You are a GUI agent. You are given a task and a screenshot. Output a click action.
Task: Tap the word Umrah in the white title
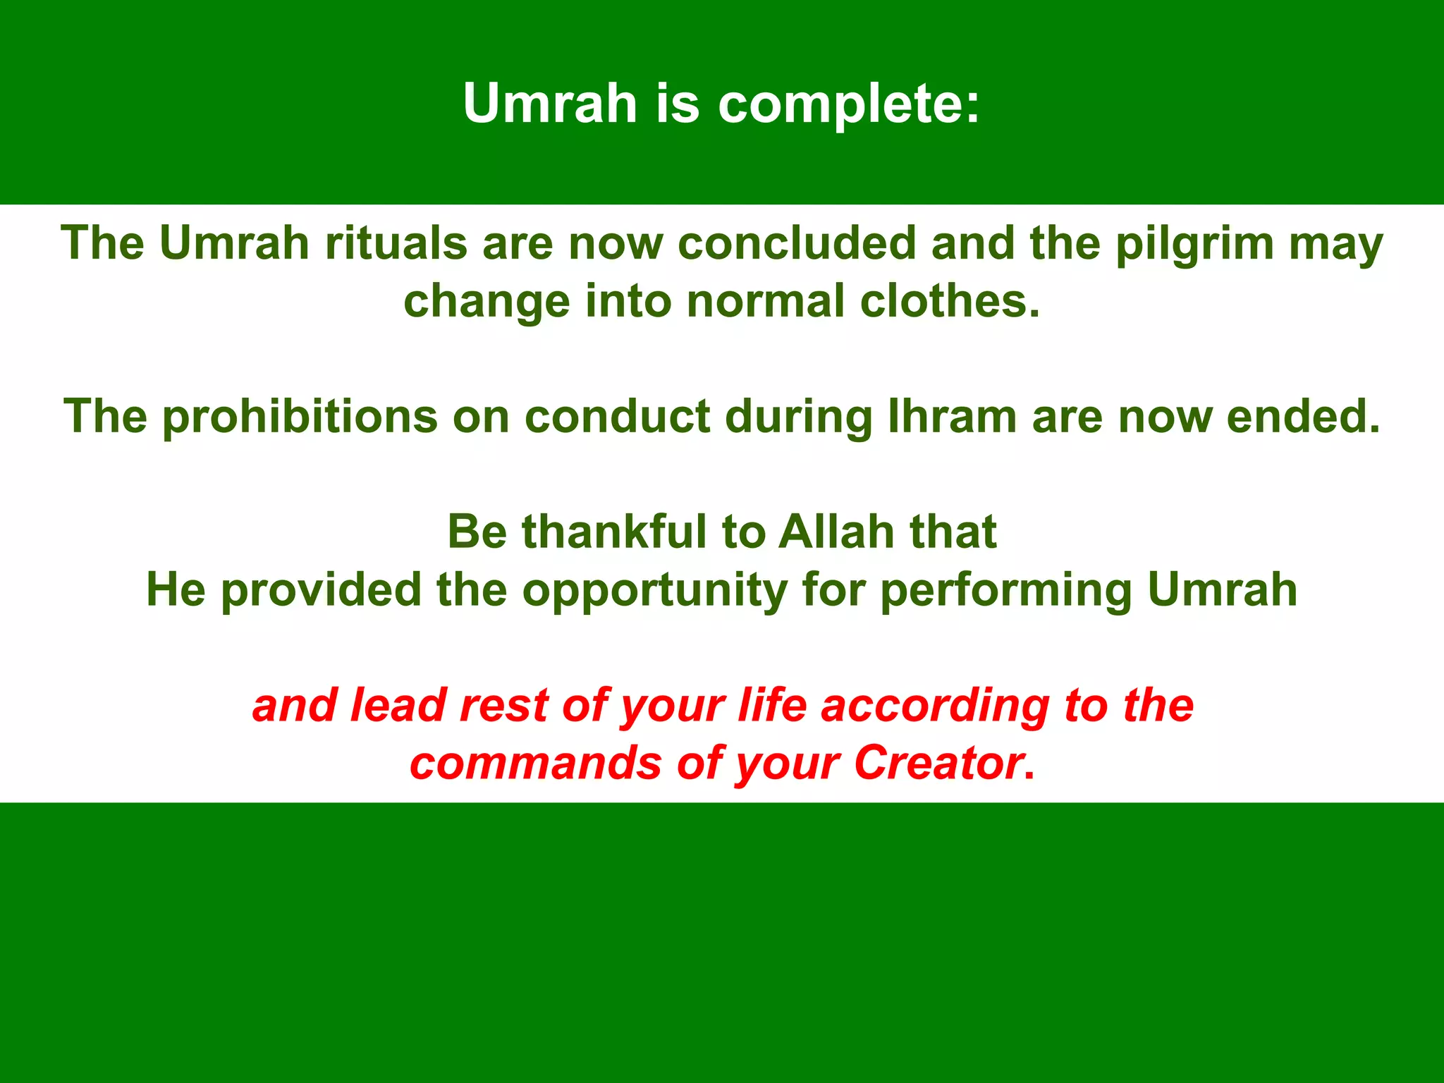point(550,104)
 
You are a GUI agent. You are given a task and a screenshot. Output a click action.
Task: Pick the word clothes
point(950,301)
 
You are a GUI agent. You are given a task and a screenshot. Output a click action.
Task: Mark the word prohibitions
point(300,416)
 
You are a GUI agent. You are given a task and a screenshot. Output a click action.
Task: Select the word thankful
point(614,532)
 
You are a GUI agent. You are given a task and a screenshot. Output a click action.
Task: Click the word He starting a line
point(176,589)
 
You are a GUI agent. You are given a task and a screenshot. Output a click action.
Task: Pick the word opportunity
point(655,591)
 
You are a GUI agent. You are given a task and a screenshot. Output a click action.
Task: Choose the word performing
point(1006,591)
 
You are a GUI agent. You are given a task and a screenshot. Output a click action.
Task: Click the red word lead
point(398,705)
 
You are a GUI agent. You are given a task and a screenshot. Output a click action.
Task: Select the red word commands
point(536,764)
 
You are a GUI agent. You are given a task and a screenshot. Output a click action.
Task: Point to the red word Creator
point(938,764)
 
